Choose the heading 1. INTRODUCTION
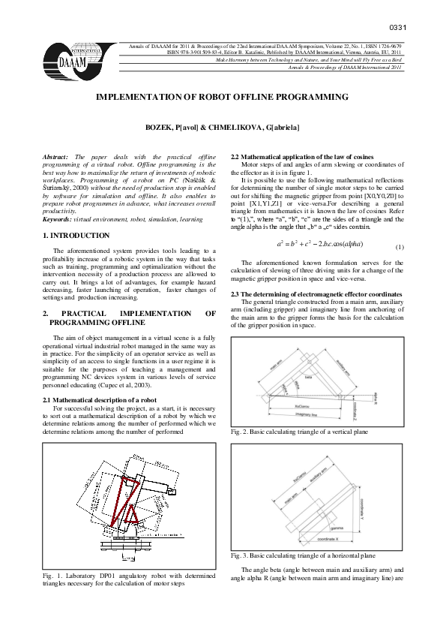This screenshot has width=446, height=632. [x=77, y=236]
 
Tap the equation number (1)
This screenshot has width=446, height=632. [x=400, y=247]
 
